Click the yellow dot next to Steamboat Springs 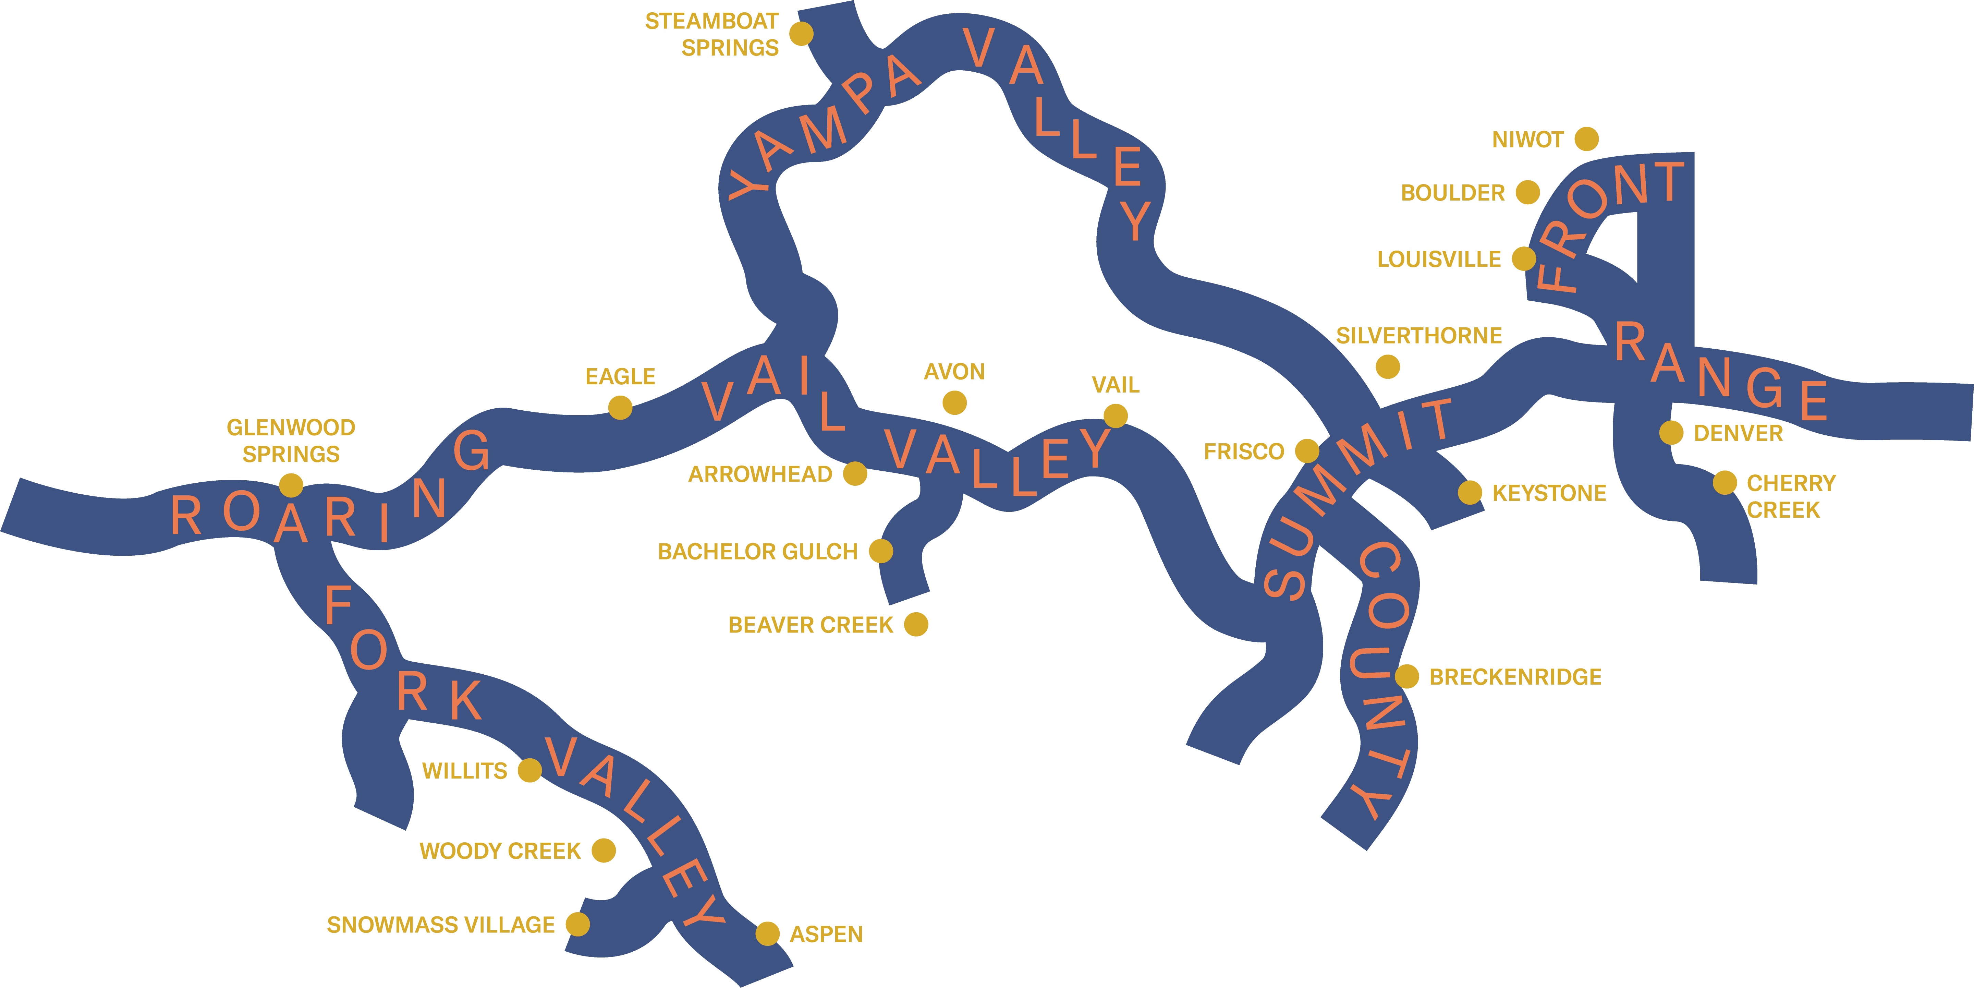coord(801,34)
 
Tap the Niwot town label coord(1527,140)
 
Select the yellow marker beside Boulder coord(1527,192)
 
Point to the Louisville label coord(1438,259)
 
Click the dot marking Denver coord(1671,432)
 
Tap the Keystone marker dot coord(1469,492)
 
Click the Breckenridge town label coord(1515,677)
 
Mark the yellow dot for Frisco coord(1306,451)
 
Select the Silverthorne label coord(1418,336)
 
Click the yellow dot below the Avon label coord(954,402)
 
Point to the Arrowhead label coord(759,474)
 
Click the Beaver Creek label coord(810,625)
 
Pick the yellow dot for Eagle coord(620,407)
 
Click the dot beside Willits coord(529,770)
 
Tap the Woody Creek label coord(500,851)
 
